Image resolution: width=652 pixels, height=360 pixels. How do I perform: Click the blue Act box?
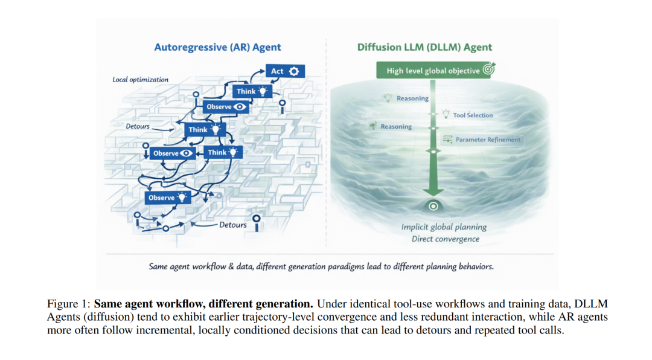point(285,71)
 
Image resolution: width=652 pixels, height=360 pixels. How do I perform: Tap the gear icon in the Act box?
point(294,71)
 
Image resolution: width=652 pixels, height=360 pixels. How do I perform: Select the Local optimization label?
point(141,80)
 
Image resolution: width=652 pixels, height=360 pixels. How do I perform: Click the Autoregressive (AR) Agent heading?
point(217,48)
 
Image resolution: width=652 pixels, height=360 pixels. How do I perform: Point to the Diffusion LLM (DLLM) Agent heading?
point(424,48)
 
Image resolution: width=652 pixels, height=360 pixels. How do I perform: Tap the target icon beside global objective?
point(489,69)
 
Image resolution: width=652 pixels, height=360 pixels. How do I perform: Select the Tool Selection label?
point(473,115)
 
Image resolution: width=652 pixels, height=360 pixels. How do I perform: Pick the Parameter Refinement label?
point(488,140)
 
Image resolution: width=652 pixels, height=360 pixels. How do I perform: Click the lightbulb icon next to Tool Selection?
point(446,114)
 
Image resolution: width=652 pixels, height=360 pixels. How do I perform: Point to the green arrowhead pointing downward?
point(433,191)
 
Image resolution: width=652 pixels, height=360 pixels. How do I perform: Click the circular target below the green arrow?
point(433,206)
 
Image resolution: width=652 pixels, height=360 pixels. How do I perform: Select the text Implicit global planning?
point(444,227)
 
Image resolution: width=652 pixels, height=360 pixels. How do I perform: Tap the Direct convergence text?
point(446,239)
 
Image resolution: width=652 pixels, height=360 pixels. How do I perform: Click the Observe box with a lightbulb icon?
point(168,198)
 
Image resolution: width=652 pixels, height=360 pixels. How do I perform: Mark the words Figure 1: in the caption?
point(68,304)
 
